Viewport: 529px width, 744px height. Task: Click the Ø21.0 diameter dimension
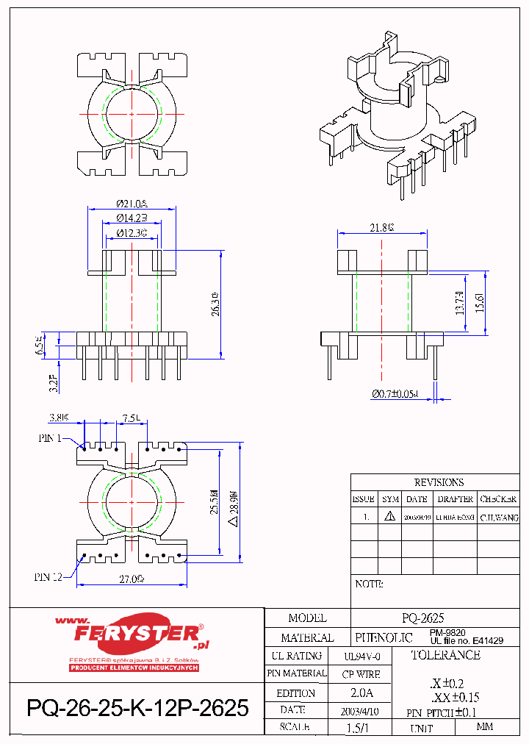132,203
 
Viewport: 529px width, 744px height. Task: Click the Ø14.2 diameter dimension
132,218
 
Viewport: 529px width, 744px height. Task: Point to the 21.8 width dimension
381,228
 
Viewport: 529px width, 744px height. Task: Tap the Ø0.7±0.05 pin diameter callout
395,394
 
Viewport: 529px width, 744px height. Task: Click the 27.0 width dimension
132,579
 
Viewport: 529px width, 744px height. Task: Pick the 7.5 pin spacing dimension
132,418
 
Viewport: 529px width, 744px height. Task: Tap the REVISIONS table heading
439,483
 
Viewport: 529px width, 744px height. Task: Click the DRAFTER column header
455,499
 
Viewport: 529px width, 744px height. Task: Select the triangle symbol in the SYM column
389,517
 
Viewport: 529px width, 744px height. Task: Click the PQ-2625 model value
423,618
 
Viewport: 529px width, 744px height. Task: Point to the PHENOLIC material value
384,637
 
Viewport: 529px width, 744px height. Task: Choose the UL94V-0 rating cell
362,656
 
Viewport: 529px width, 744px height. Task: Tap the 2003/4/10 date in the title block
360,711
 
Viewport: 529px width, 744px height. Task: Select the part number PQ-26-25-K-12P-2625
137,709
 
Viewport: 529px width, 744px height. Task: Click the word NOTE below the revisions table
369,584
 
